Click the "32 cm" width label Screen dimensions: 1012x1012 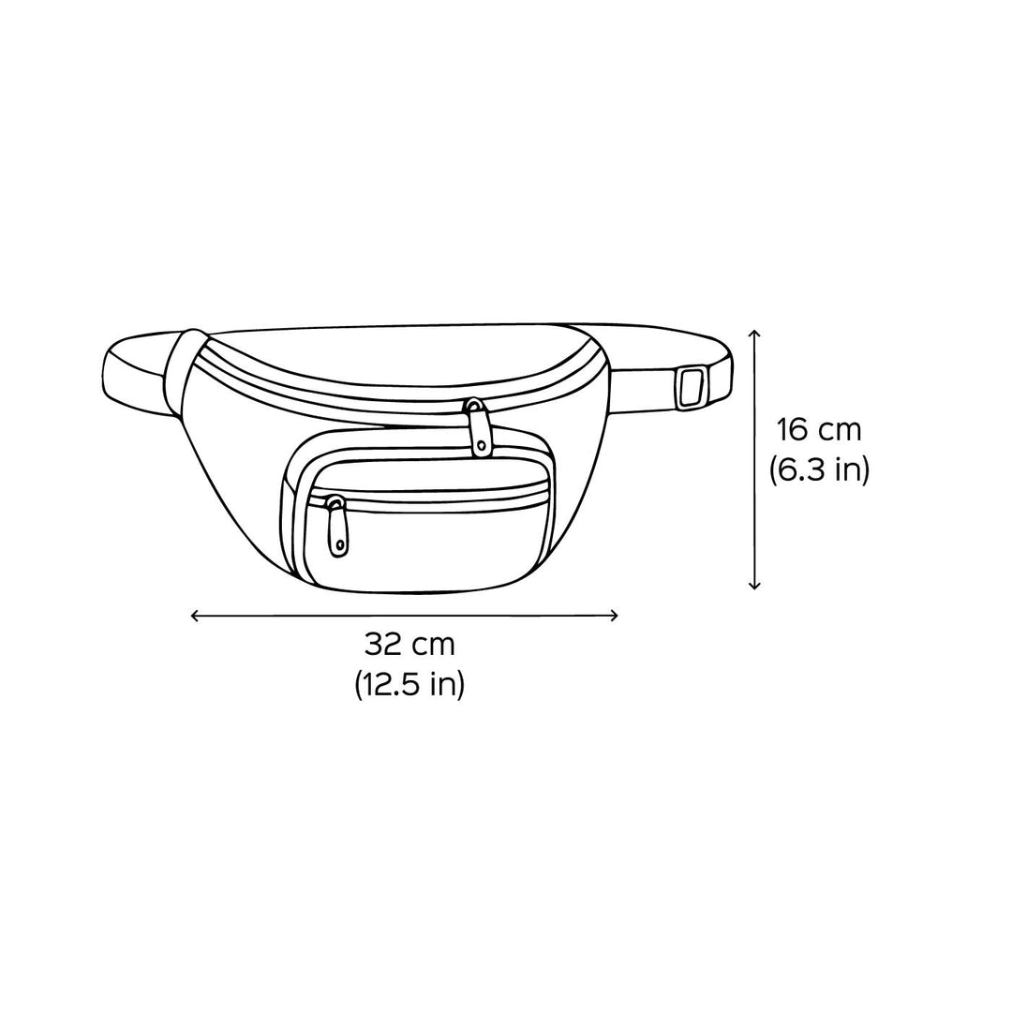[x=409, y=644]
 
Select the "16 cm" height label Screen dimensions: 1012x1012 [x=818, y=430]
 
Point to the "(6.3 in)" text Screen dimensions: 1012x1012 [x=819, y=469]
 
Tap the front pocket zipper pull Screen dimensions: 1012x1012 [x=337, y=526]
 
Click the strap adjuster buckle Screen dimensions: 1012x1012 [x=692, y=389]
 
